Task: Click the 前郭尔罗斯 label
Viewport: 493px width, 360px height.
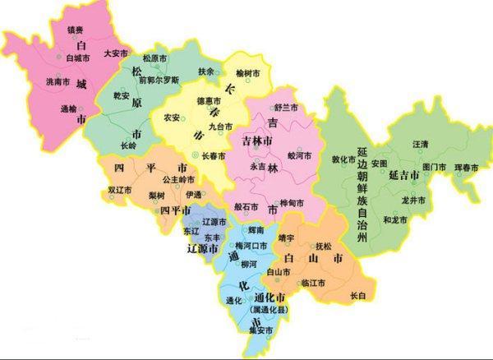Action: click(x=158, y=81)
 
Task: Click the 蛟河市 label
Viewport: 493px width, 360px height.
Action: click(x=301, y=154)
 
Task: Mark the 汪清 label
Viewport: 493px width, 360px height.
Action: click(x=418, y=144)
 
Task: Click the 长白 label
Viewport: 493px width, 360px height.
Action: click(x=357, y=294)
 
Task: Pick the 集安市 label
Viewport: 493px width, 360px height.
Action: click(x=260, y=330)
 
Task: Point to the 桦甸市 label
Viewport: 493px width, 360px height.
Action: click(x=292, y=202)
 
